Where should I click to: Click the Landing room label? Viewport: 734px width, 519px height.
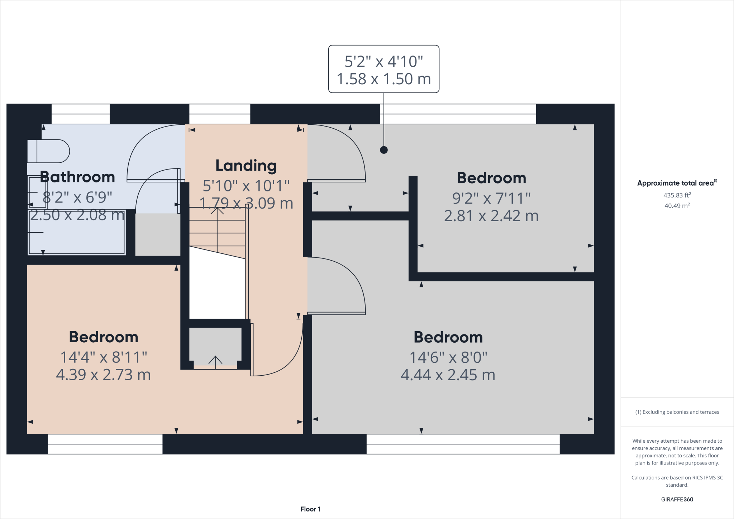pyautogui.click(x=246, y=166)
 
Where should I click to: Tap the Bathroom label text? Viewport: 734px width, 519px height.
pyautogui.click(x=77, y=177)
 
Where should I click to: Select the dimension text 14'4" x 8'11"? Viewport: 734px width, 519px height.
pyautogui.click(x=104, y=357)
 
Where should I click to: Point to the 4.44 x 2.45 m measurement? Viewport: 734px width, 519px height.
pyautogui.click(x=448, y=375)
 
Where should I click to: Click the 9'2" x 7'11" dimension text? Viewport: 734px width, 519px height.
pyautogui.click(x=491, y=198)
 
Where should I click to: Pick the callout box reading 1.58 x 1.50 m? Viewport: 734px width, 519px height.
pyautogui.click(x=384, y=69)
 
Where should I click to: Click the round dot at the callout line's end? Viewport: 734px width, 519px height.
pyautogui.click(x=384, y=150)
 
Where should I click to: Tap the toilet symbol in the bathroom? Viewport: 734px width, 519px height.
pyautogui.click(x=48, y=151)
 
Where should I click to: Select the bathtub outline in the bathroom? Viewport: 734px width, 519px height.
pyautogui.click(x=77, y=232)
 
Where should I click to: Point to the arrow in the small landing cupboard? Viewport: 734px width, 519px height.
pyautogui.click(x=215, y=362)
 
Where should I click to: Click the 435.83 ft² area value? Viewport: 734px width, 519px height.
pyautogui.click(x=677, y=195)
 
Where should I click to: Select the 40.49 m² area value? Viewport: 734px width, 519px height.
pyautogui.click(x=677, y=205)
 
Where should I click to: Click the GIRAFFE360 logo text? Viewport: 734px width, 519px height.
pyautogui.click(x=677, y=499)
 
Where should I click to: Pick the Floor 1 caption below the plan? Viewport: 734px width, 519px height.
pyautogui.click(x=310, y=509)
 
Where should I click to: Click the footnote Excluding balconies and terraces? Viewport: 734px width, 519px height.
pyautogui.click(x=677, y=412)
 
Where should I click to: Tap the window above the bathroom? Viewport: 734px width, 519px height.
pyautogui.click(x=81, y=114)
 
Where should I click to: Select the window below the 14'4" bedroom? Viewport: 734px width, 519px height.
pyautogui.click(x=105, y=444)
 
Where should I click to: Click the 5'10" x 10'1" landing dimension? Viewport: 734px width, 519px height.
pyautogui.click(x=246, y=186)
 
